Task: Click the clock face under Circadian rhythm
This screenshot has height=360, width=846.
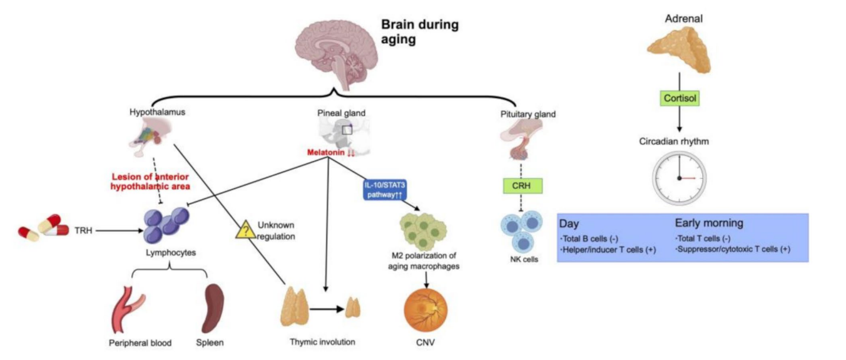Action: click(x=679, y=177)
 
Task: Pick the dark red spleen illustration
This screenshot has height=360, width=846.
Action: click(x=213, y=308)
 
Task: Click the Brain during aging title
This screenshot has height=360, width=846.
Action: click(x=420, y=31)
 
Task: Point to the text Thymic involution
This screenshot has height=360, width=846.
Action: click(x=322, y=342)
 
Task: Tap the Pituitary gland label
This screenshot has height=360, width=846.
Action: click(x=528, y=115)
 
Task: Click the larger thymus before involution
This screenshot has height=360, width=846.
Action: click(x=297, y=307)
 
